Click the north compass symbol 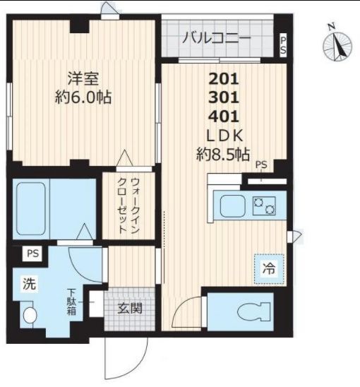[x=337, y=46]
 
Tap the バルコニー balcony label [x=216, y=38]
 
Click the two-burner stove [x=264, y=207]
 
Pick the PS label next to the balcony [x=283, y=46]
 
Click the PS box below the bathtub [x=32, y=253]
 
